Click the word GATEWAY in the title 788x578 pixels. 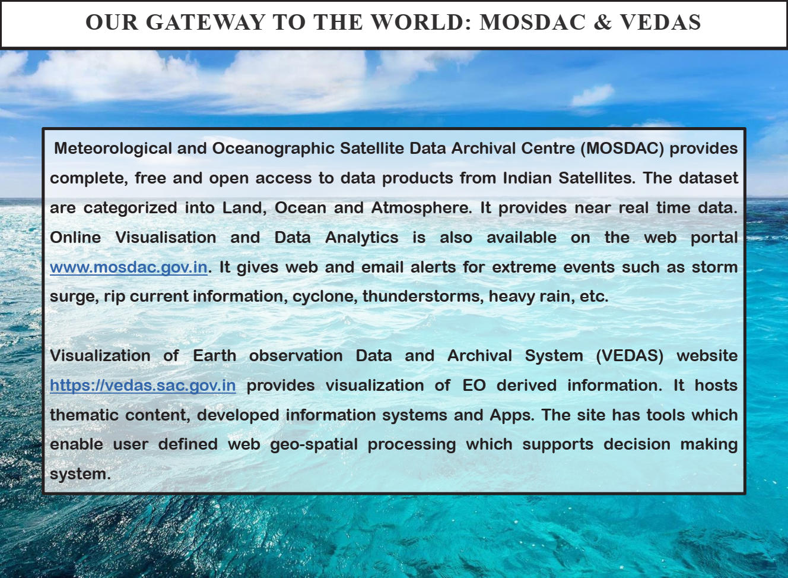pyautogui.click(x=205, y=22)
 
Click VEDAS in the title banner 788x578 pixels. pyautogui.click(x=660, y=22)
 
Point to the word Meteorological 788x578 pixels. pyautogui.click(x=113, y=149)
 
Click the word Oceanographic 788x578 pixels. pyautogui.click(x=273, y=149)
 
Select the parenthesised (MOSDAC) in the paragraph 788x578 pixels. pyautogui.click(x=622, y=149)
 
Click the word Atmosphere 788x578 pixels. pyautogui.click(x=421, y=208)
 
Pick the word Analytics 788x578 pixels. pyautogui.click(x=361, y=238)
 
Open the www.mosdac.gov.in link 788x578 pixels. pyautogui.click(x=129, y=267)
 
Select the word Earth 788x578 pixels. pyautogui.click(x=215, y=356)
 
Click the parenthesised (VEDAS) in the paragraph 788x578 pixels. pyautogui.click(x=630, y=356)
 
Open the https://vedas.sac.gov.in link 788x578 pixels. pyautogui.click(x=143, y=386)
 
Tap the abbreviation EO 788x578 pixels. pyautogui.click(x=474, y=386)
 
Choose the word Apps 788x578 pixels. pyautogui.click(x=512, y=415)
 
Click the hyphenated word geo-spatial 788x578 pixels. pyautogui.click(x=314, y=444)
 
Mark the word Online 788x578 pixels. pyautogui.click(x=75, y=238)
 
